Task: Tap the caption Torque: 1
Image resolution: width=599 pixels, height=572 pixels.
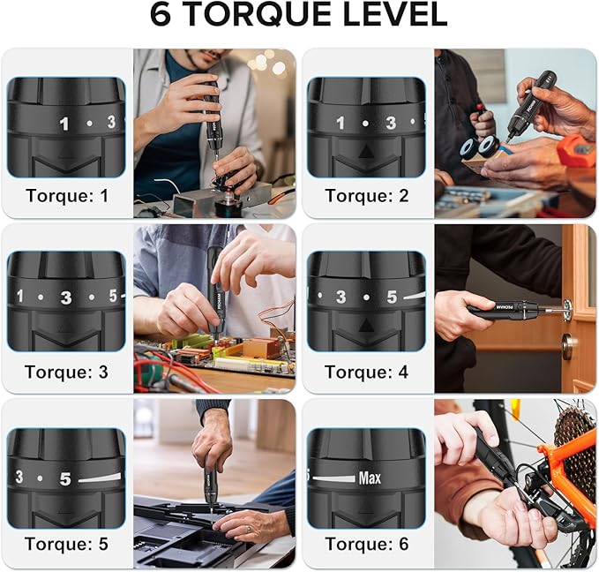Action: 67,195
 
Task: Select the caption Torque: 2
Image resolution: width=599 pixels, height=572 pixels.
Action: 366,195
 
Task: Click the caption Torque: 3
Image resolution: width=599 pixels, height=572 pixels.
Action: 67,372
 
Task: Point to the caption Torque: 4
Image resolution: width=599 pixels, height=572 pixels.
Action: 366,372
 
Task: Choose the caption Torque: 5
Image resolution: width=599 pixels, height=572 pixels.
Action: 67,544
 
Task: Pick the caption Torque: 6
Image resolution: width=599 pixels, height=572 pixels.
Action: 366,544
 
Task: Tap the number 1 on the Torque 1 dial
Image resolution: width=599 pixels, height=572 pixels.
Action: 64,124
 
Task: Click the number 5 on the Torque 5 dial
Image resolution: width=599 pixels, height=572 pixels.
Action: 64,479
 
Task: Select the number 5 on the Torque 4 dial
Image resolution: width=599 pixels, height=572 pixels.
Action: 392,297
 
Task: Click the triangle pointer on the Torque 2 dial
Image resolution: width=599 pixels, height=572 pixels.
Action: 366,153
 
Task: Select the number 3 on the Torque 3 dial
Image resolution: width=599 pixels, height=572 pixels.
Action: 66,297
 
